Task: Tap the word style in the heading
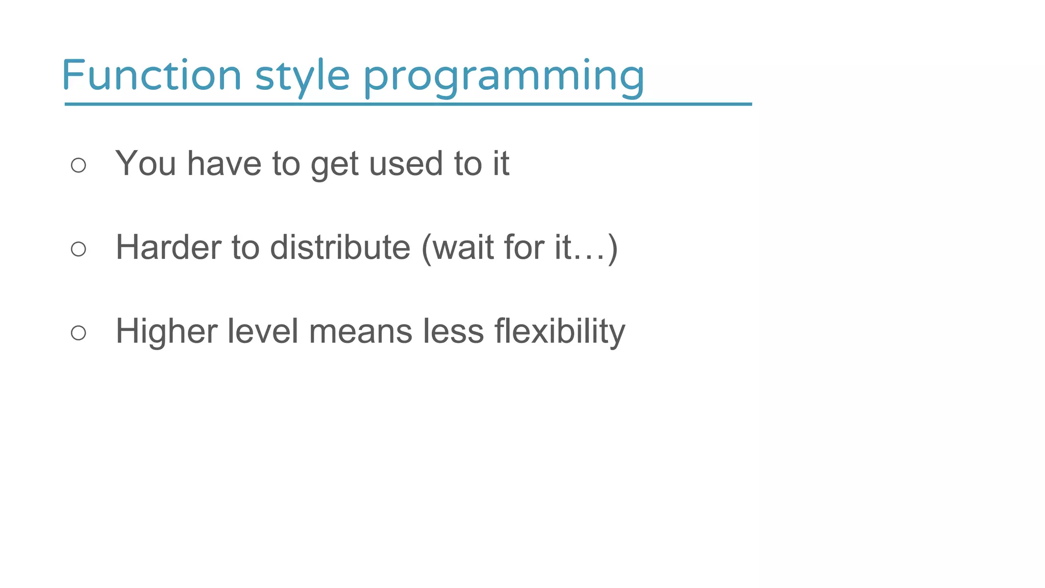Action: coord(302,76)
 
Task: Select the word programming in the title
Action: coord(504,76)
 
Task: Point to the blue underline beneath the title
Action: coord(408,104)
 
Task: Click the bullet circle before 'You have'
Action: coord(79,165)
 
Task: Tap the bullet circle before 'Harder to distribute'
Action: coord(79,249)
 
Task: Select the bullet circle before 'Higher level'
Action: coord(79,333)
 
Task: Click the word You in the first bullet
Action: coord(145,164)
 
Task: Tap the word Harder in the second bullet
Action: coord(168,248)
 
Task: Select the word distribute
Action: coord(340,248)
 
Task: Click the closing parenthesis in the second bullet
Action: coord(613,249)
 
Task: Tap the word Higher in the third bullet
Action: coord(166,332)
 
